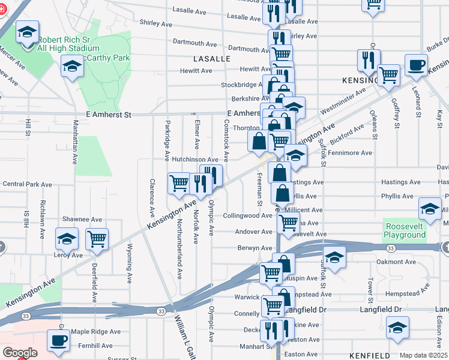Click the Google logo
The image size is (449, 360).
[x=20, y=353]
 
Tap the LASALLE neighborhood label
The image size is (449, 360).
[x=212, y=59]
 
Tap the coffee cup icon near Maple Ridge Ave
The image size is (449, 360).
[x=58, y=340]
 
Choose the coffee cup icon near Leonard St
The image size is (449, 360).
[x=416, y=65]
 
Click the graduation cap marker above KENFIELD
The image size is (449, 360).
[x=397, y=328]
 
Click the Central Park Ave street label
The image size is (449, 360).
[x=28, y=184]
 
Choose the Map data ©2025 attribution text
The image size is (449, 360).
[x=423, y=355]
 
